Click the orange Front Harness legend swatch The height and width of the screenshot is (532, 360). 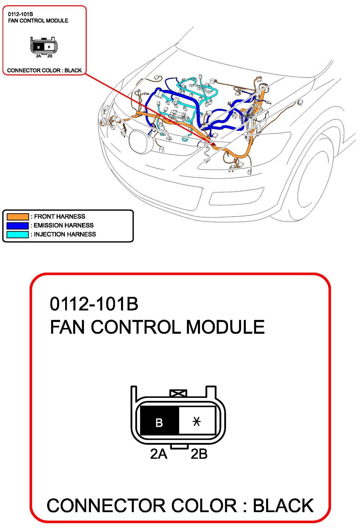pos(18,217)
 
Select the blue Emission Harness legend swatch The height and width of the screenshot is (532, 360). pos(18,225)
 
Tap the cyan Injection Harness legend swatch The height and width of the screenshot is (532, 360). pos(18,234)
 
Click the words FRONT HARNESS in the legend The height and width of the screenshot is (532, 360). pos(60,217)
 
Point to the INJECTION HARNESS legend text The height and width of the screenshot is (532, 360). pos(65,234)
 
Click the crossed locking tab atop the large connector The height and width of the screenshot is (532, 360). pos(178,393)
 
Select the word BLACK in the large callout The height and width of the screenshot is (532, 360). pos(283,506)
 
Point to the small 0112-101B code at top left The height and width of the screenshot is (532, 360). pos(20,14)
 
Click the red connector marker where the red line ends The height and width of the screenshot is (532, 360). pos(213,144)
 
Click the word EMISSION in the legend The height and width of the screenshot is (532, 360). pos(49,225)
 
